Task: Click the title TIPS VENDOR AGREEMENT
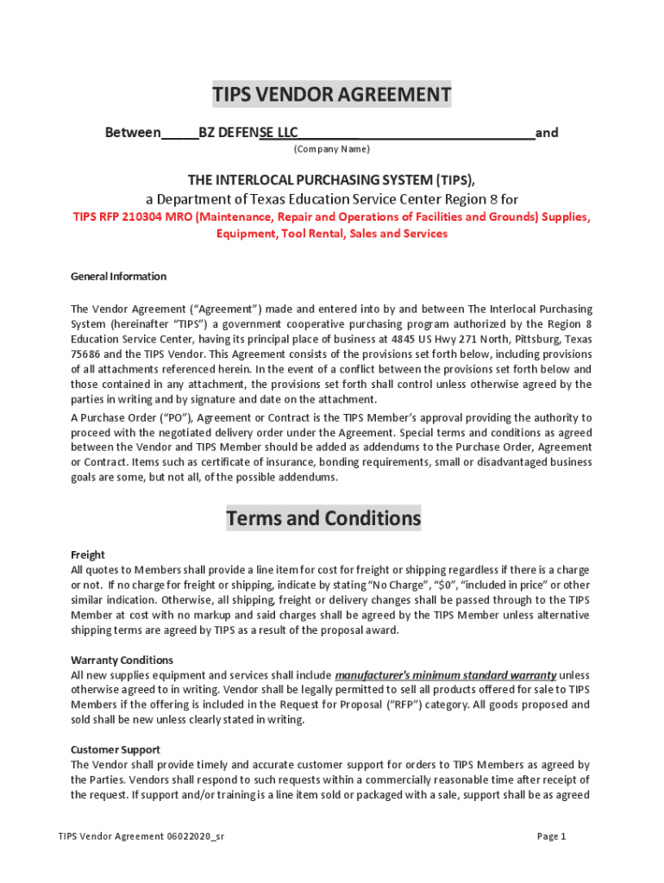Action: (332, 94)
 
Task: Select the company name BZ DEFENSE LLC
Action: (248, 133)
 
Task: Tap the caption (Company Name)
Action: (332, 149)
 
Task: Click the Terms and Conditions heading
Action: (323, 518)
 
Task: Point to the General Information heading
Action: (118, 277)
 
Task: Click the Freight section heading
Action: (88, 555)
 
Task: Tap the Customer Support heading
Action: (115, 750)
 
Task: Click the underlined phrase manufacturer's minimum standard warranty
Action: (446, 675)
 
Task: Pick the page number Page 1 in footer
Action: (551, 836)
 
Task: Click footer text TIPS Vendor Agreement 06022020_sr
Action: (141, 836)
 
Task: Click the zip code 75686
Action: (86, 354)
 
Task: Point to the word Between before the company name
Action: (133, 133)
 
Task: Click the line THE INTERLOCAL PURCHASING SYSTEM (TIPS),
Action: (332, 179)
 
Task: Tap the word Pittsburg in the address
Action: (537, 339)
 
